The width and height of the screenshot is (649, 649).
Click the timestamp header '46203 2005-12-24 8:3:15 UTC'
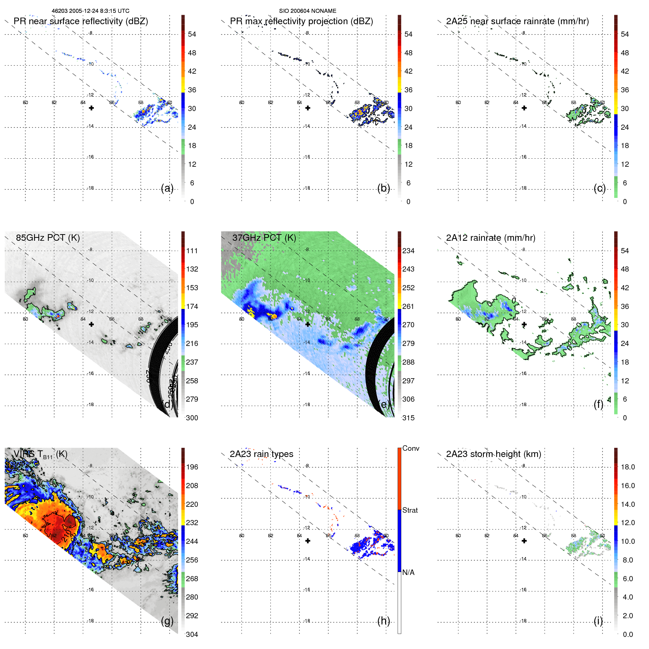click(x=90, y=11)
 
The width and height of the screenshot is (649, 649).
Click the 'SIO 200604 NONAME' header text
click(x=307, y=11)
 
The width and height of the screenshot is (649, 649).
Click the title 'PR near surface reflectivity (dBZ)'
click(x=81, y=21)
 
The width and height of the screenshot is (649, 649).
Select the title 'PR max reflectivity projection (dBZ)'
click(x=301, y=21)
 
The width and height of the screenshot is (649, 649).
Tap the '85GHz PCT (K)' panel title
click(x=48, y=237)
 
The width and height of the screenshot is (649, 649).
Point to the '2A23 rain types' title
click(x=261, y=454)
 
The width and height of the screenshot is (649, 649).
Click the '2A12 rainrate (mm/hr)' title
click(x=490, y=238)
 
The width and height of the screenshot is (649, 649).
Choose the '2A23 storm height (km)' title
click(x=493, y=454)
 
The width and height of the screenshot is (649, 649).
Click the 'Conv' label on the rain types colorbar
click(x=410, y=448)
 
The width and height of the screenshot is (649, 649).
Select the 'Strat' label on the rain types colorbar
click(x=410, y=510)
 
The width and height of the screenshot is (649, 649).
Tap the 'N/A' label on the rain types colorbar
click(x=408, y=572)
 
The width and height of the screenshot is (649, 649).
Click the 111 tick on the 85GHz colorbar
click(x=192, y=251)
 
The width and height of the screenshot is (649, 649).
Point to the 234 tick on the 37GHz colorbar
click(x=408, y=251)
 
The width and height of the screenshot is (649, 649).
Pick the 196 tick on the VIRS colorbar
click(x=192, y=467)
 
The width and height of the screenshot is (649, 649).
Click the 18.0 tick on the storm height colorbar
click(x=627, y=467)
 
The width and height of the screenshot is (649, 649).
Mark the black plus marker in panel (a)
click(x=91, y=108)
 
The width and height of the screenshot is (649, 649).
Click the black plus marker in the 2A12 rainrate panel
click(x=524, y=324)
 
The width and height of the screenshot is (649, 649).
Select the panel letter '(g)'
click(x=167, y=621)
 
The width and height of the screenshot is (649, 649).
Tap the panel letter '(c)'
click(x=600, y=188)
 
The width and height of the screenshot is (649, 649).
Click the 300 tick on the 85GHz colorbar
click(x=192, y=418)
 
